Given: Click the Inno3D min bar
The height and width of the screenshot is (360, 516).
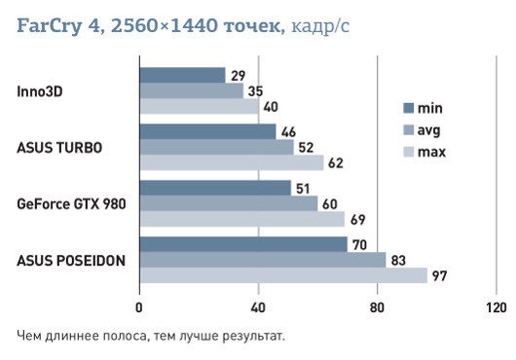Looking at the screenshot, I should click(182, 75).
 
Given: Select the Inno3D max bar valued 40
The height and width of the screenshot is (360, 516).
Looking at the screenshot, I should click(199, 107).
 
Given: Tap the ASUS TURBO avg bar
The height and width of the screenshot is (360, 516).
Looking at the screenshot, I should click(216, 147).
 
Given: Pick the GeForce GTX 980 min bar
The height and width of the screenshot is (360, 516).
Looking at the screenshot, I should click(215, 188).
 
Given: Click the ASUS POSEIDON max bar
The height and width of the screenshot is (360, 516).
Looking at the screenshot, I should click(283, 276).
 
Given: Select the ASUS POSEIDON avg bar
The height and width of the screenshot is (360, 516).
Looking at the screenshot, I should click(262, 260).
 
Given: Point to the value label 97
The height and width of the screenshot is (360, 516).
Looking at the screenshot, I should click(440, 277).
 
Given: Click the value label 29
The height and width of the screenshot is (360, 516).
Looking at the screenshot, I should click(238, 75).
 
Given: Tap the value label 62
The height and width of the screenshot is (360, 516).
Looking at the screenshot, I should click(336, 163).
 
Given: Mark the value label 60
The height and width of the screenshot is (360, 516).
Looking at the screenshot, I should click(330, 204).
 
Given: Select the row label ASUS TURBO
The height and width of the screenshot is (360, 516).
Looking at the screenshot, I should click(59, 148).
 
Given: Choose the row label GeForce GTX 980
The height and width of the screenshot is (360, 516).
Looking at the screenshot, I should click(71, 204).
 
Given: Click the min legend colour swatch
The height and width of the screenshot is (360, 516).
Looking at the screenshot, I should click(409, 108).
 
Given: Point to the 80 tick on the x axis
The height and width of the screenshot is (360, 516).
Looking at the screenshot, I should click(377, 308).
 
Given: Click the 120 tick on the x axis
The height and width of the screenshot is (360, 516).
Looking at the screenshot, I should click(495, 308).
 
